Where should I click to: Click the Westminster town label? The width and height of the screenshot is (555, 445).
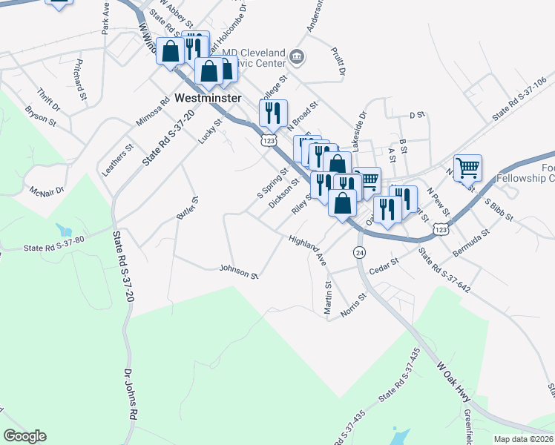(209, 98)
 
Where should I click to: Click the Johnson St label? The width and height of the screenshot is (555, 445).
(238, 271)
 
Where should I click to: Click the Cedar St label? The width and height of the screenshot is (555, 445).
(384, 266)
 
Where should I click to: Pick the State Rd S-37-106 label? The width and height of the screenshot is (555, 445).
(519, 99)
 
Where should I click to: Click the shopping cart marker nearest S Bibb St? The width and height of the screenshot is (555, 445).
(467, 168)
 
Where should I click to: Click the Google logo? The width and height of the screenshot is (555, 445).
(24, 436)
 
